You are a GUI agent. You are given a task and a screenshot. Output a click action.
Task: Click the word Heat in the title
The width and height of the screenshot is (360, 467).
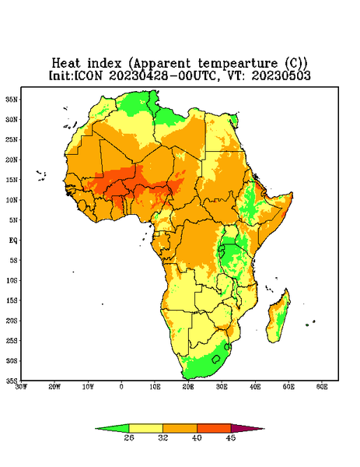coord(66,64)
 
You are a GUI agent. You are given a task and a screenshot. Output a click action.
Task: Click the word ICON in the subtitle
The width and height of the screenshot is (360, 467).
coord(88,75)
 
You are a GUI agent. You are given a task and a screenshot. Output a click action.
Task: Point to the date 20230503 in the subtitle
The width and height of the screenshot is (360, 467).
coord(281,75)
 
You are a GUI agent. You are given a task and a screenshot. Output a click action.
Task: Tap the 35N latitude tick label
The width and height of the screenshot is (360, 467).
coord(12,99)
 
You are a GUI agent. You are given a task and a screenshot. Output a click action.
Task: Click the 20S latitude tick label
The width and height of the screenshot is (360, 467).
coord(12,321)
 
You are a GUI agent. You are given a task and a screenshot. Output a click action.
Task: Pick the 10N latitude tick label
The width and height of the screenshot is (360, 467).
coord(12,200)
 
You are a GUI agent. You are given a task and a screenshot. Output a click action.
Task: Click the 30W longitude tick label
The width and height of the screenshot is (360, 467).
coord(21,387)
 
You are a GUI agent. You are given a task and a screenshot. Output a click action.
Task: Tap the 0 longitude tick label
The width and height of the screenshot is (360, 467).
coord(121,387)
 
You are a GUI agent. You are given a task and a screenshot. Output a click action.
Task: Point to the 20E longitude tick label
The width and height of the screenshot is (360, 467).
coord(188,387)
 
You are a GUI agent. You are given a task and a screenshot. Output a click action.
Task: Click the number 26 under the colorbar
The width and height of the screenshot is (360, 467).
coord(129,437)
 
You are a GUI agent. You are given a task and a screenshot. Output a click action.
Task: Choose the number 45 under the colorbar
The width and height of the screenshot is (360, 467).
coord(231,437)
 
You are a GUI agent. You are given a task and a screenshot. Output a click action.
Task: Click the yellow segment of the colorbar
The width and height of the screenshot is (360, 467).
coord(145,428)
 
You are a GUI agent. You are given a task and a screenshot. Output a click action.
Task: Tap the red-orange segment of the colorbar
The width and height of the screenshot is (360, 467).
coord(214,428)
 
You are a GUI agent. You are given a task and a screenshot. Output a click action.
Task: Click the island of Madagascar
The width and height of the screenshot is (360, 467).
coord(278,318)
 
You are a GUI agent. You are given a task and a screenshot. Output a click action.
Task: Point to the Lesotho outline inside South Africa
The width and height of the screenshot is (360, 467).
coord(216,360)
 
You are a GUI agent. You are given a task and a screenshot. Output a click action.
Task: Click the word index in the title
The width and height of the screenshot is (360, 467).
coord(104,64)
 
